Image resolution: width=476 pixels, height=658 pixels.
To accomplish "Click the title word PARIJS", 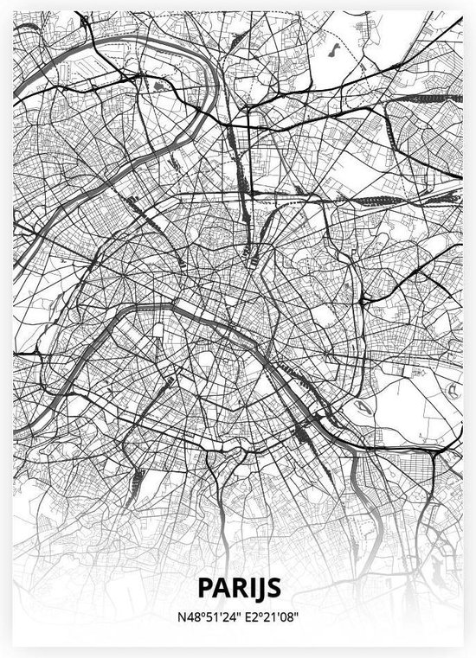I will (238, 587).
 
